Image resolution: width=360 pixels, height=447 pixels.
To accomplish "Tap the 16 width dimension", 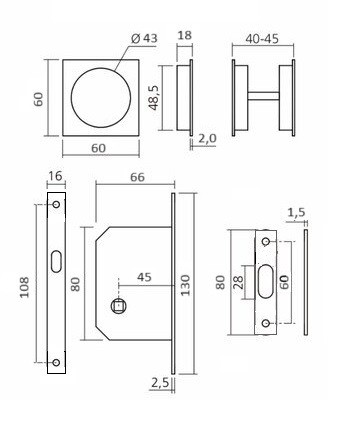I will point(54,177).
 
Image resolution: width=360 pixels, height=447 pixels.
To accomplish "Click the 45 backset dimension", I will point(143,277).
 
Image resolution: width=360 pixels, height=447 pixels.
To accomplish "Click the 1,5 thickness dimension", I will point(296,212).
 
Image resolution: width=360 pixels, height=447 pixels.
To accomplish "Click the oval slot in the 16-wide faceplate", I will point(55,261).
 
